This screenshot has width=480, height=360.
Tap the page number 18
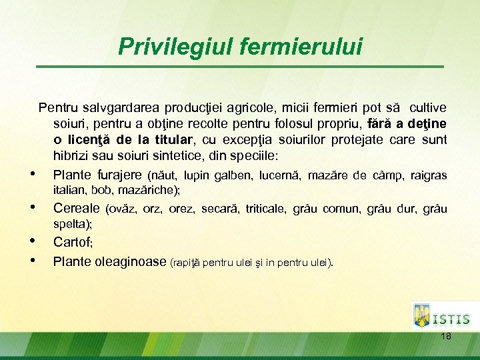446,336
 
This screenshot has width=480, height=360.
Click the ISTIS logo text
451,320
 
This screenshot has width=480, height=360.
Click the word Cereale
77,208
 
